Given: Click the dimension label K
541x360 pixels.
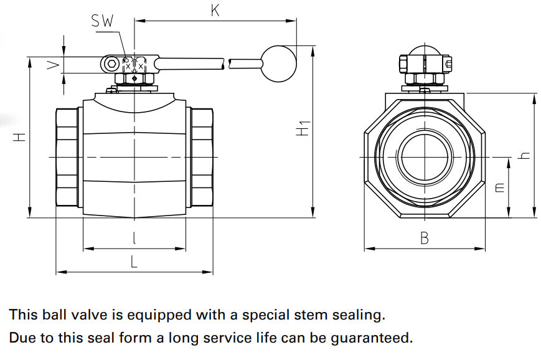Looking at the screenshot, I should point(215,11).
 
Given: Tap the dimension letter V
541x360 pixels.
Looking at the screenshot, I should point(55,64).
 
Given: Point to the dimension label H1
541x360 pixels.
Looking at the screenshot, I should point(303,129).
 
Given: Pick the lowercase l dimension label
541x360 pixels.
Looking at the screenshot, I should point(134,238).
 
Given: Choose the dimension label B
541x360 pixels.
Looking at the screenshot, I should point(424,238).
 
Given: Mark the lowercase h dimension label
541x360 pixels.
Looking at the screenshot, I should point(525,155).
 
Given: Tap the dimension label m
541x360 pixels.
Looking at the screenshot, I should point(500,187).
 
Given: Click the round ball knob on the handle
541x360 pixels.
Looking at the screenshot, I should point(278,64).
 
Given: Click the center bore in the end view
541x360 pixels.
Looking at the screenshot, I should point(425,156).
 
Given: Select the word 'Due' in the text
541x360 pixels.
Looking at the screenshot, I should point(22,338).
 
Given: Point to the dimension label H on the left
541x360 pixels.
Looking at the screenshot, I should point(20,137).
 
